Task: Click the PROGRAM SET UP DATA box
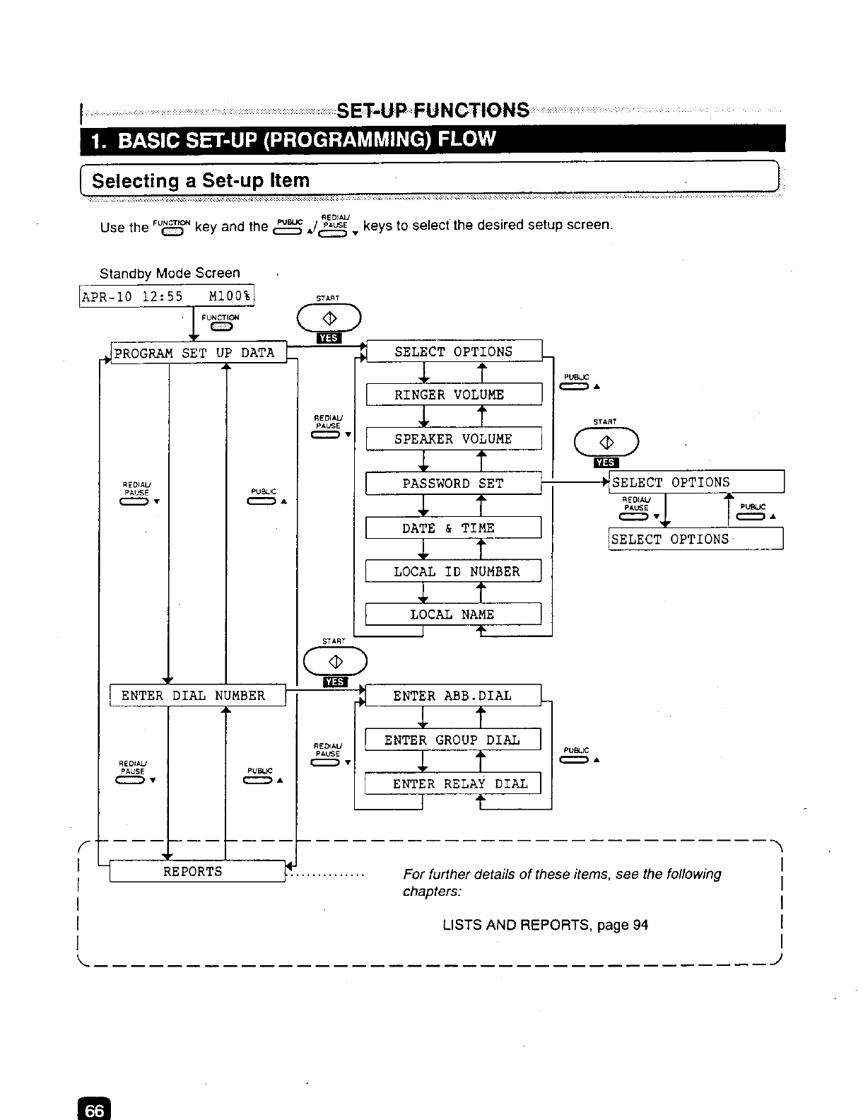coord(199,352)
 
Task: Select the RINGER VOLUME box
coord(454,395)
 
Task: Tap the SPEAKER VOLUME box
coord(454,438)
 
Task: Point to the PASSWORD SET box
coord(453,484)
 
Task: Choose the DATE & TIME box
coord(453,528)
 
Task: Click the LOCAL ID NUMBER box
coord(453,571)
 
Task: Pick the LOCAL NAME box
coord(453,614)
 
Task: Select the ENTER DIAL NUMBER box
coord(197,696)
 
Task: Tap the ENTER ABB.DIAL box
coord(453,696)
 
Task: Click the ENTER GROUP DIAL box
coord(453,740)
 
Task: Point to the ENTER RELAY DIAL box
coord(453,783)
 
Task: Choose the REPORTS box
coord(196,872)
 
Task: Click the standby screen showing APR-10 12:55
coord(168,296)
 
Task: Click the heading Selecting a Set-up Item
coord(201,180)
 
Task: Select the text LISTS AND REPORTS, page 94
coord(545,925)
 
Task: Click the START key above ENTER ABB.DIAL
coord(335,662)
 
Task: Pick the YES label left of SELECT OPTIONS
coord(329,338)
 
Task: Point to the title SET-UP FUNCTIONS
coord(433,111)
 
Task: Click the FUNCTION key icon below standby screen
coord(221,326)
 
